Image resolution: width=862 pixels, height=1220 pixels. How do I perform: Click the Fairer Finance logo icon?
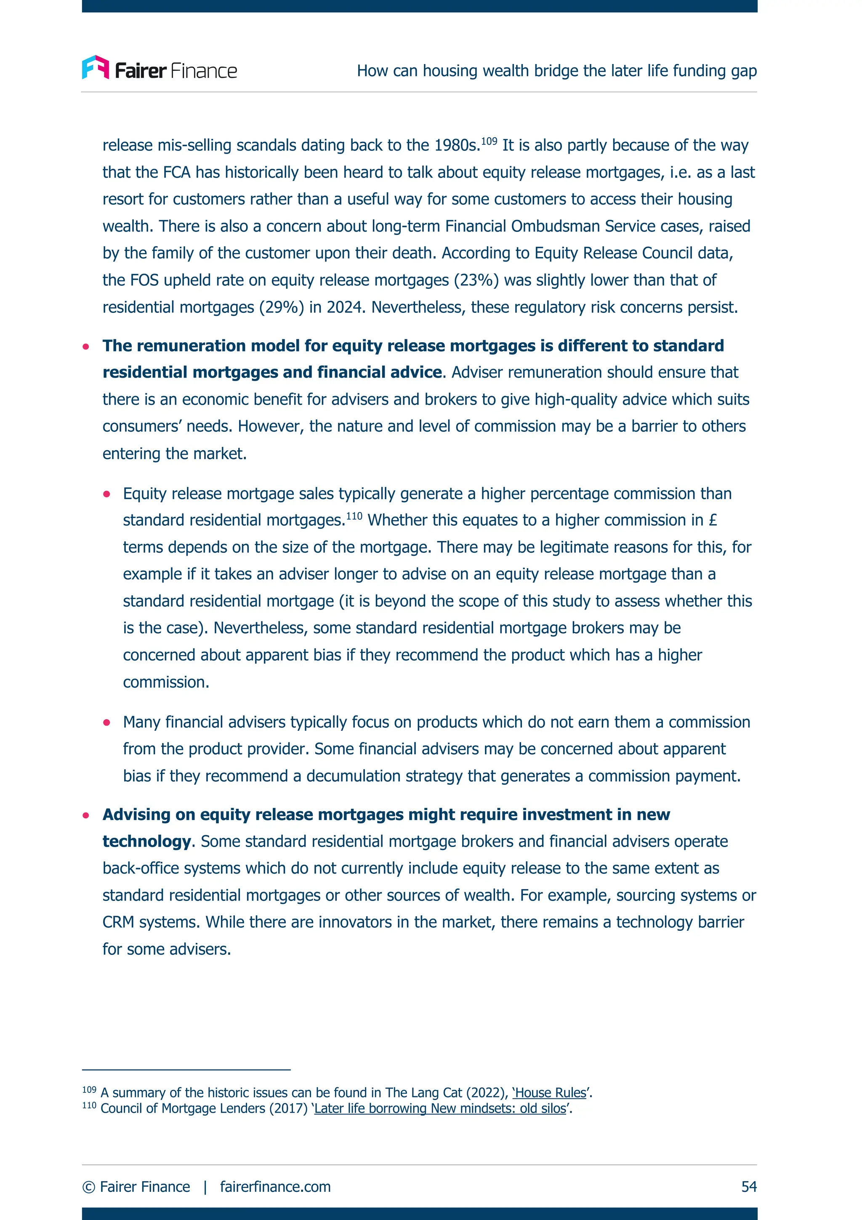[x=96, y=67]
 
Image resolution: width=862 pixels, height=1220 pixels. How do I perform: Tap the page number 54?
[x=748, y=1186]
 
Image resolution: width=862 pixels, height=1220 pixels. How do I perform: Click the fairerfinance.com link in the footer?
[x=275, y=1186]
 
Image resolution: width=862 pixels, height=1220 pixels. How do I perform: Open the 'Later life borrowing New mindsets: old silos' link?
[x=440, y=1109]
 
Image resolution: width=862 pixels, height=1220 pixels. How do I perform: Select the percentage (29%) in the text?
[x=281, y=307]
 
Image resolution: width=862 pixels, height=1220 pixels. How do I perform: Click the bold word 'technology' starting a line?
[x=146, y=841]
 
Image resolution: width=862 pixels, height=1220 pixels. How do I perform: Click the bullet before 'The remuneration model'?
[x=86, y=347]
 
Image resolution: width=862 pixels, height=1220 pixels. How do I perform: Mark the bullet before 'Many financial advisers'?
[x=107, y=723]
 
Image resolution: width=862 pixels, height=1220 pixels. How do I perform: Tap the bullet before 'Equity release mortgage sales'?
[x=107, y=494]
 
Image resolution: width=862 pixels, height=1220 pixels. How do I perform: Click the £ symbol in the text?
[x=713, y=520]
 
